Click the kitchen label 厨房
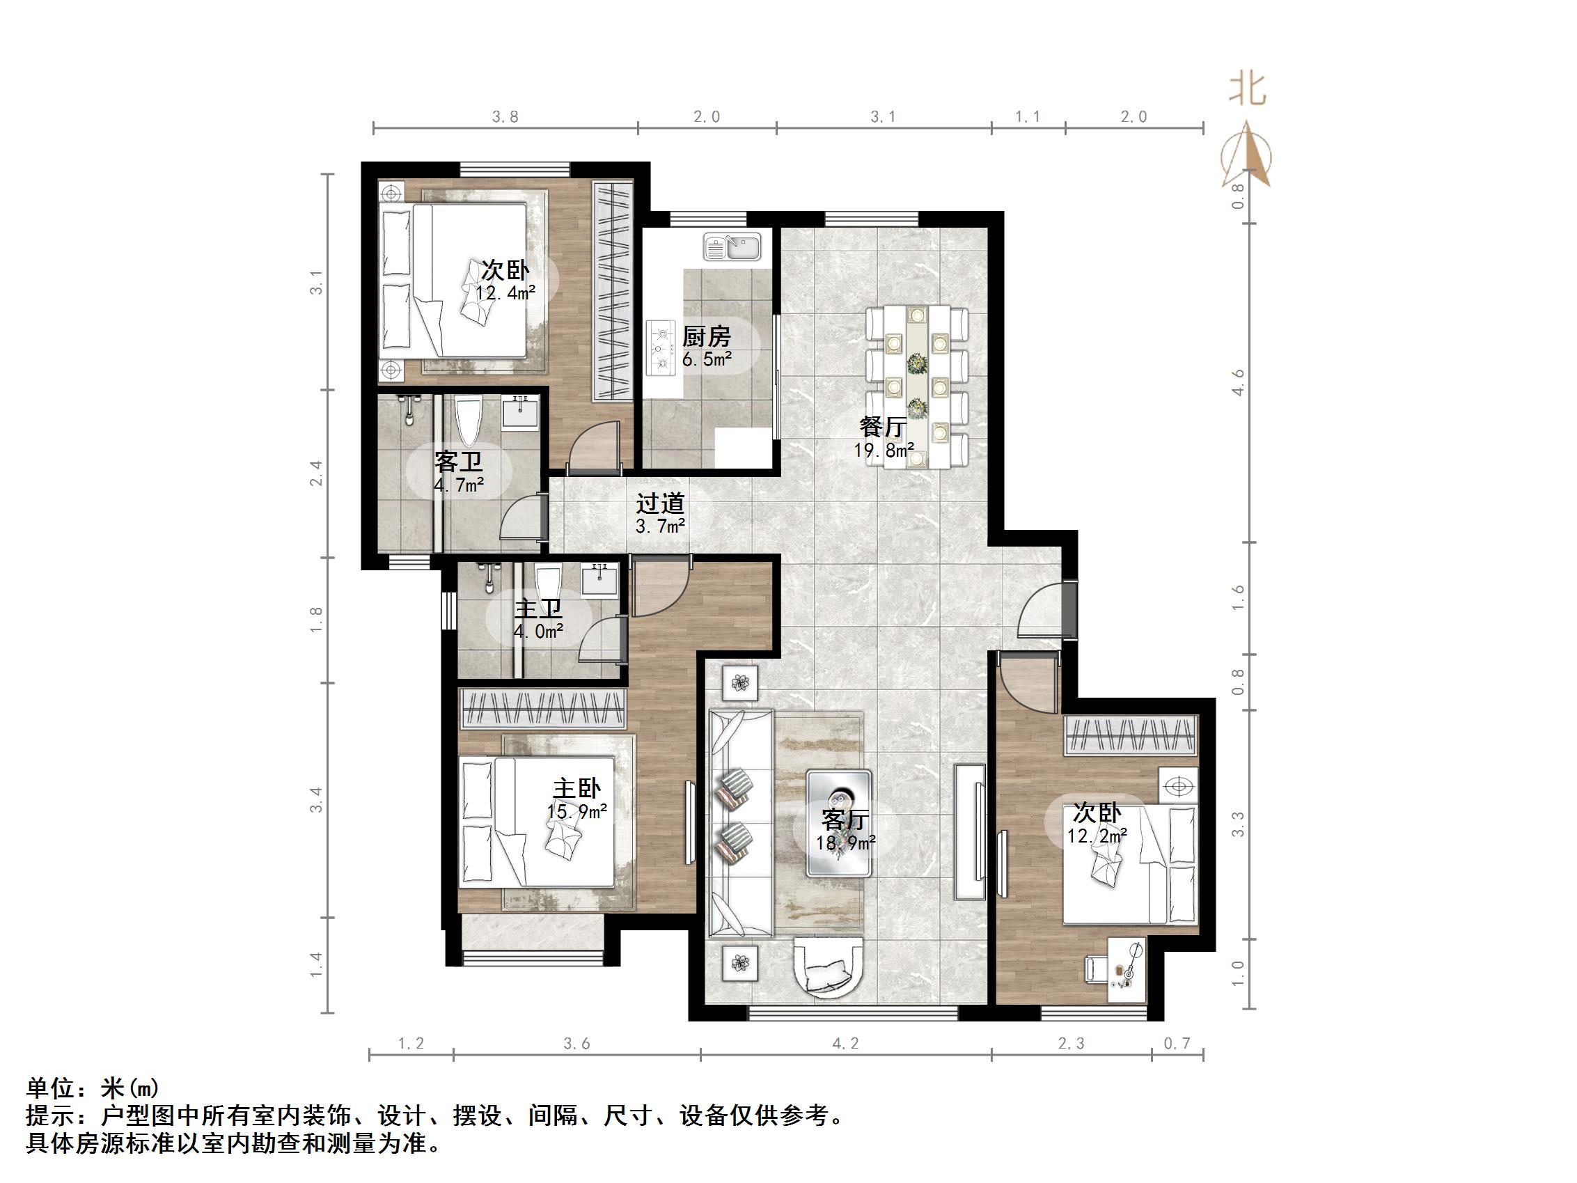[x=707, y=336]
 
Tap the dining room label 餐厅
[x=884, y=427]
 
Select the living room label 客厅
[x=845, y=820]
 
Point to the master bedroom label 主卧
[x=576, y=788]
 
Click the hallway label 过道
[x=660, y=504]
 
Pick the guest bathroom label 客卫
[x=457, y=462]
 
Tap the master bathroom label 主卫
[x=538, y=609]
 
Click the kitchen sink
[x=732, y=247]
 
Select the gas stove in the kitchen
[x=661, y=349]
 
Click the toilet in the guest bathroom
[x=468, y=421]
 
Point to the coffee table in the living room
[x=838, y=823]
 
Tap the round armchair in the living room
[x=829, y=966]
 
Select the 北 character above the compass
[x=1247, y=90]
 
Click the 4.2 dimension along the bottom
[x=845, y=1044]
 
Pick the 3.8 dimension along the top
[x=505, y=117]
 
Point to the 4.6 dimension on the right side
[x=1239, y=382]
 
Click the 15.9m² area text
[x=576, y=811]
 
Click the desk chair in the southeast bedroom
[x=1095, y=969]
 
